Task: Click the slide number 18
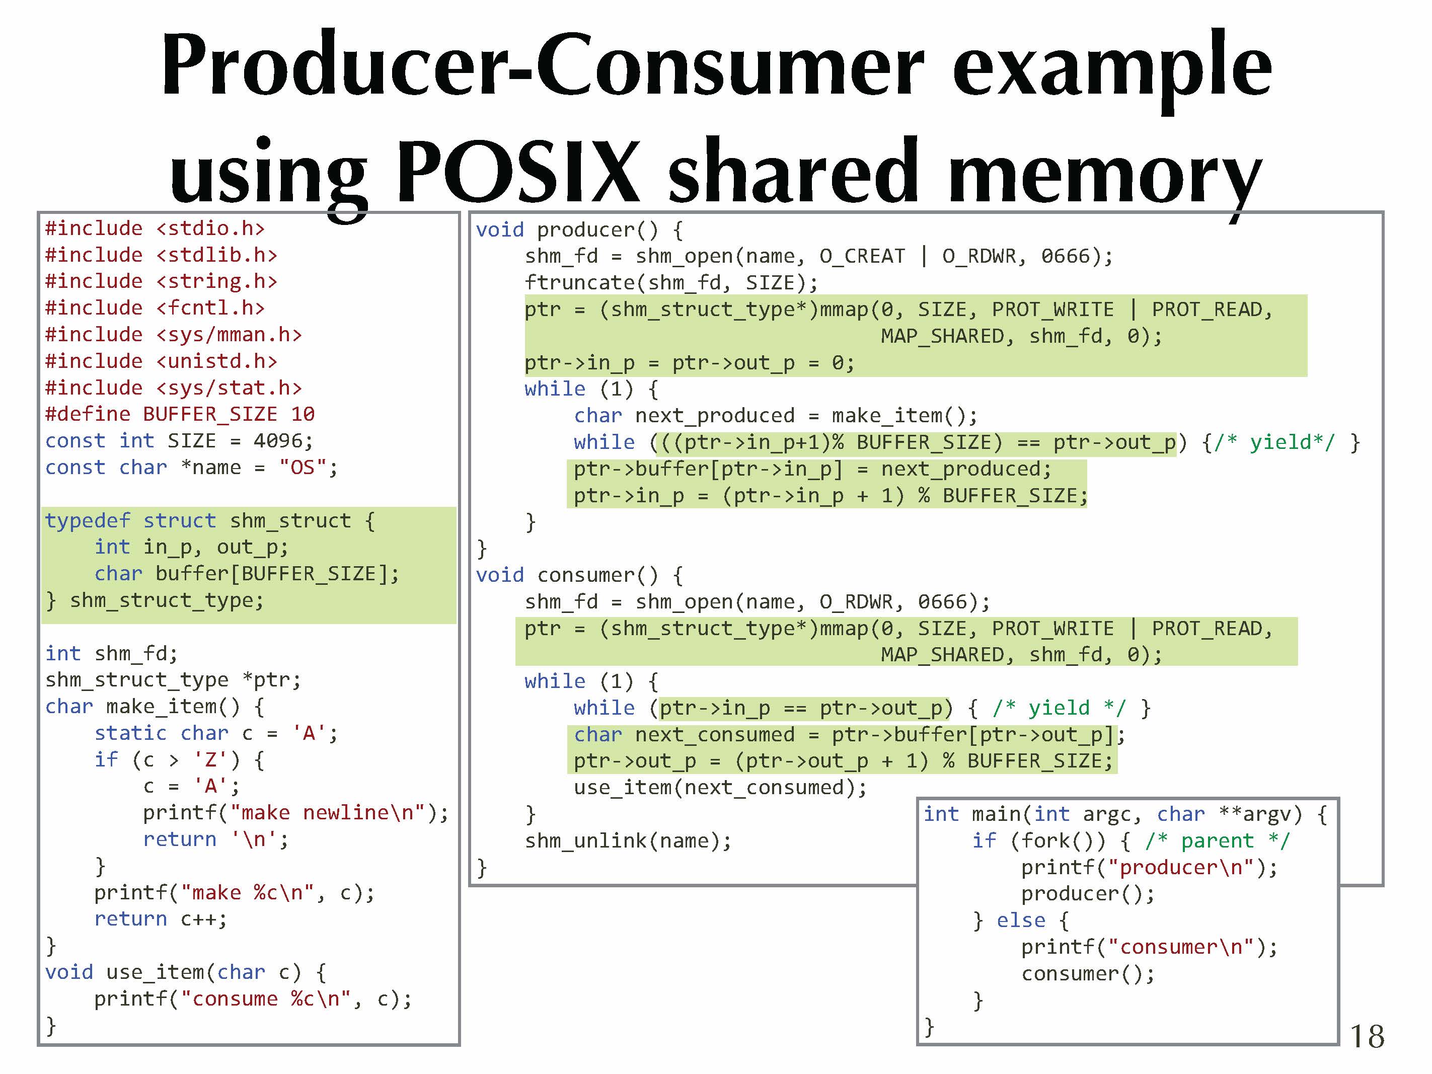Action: (1367, 1036)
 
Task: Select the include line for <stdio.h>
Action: (155, 228)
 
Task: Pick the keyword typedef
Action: (88, 520)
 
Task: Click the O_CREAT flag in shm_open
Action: (862, 256)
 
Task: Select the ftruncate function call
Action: (670, 283)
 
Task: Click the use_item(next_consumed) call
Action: (719, 788)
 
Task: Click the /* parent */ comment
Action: (1217, 841)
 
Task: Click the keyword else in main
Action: (1021, 920)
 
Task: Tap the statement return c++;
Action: (161, 919)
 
